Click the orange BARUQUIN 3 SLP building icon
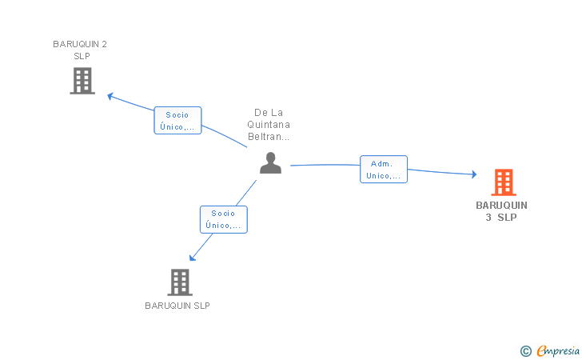(x=503, y=182)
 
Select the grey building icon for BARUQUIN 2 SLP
(x=82, y=81)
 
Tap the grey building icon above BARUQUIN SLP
(x=180, y=282)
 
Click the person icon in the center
(x=271, y=163)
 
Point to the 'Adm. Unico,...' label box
(x=384, y=169)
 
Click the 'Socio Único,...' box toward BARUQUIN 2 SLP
(x=177, y=120)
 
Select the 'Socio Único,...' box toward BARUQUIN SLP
(x=223, y=219)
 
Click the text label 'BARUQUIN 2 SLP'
(x=80, y=50)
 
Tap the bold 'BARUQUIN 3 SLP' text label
(x=501, y=211)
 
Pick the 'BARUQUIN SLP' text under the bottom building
(x=177, y=306)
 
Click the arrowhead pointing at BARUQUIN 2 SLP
(x=111, y=96)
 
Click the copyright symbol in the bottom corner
(x=525, y=350)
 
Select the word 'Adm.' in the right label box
(x=381, y=163)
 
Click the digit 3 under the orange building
(x=488, y=218)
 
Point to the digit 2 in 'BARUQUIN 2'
(x=104, y=44)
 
